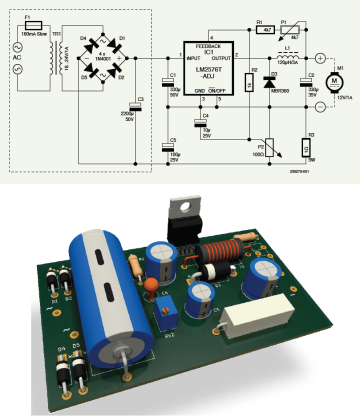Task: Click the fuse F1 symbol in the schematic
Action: [x=35, y=23]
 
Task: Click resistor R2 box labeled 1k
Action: [x=249, y=82]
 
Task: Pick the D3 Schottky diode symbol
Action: [x=270, y=82]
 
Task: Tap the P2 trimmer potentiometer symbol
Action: [x=270, y=147]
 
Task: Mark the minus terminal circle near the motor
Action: [x=320, y=106]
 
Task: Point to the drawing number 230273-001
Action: [x=299, y=171]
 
